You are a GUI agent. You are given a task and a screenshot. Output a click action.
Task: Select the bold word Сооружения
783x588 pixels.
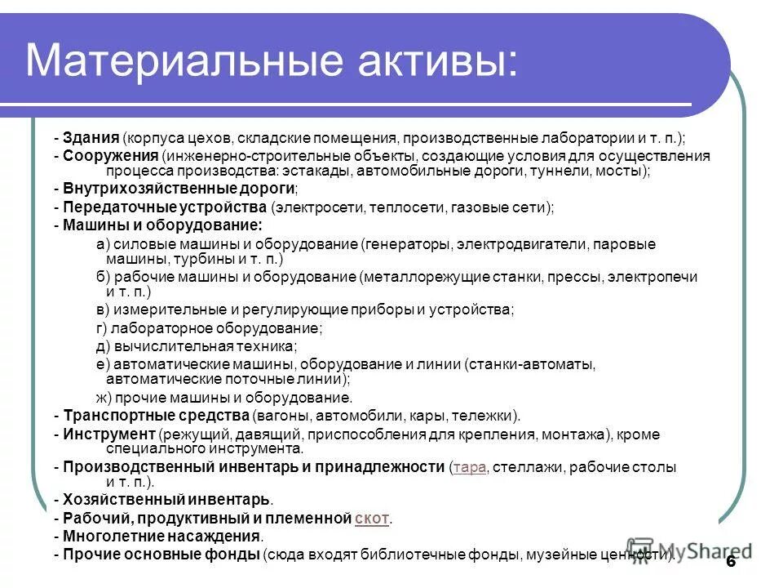tap(110, 155)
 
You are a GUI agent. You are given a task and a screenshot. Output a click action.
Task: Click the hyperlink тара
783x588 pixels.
tap(468, 468)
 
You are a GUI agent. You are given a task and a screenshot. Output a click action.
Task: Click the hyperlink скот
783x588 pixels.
tap(373, 519)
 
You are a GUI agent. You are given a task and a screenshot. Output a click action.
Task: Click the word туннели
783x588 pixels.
tap(564, 171)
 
